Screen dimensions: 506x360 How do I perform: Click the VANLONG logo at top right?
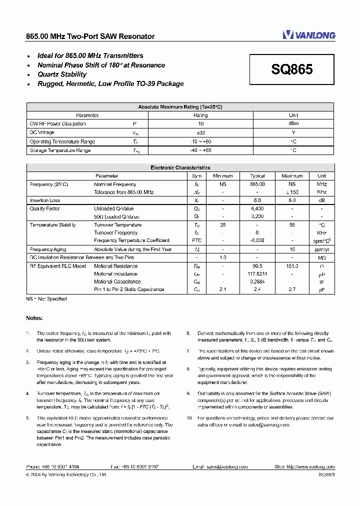coord(308,35)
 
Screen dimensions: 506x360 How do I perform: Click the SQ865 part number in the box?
coord(292,69)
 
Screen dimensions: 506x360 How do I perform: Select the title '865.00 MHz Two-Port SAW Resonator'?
coord(90,36)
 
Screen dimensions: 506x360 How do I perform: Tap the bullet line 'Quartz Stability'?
coord(62,74)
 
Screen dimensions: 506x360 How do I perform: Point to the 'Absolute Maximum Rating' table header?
coord(180,107)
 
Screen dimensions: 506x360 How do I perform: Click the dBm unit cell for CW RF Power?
coord(293,124)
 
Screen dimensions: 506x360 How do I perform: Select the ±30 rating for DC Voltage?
coord(200,133)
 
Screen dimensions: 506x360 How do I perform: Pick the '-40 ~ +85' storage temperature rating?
coord(200,150)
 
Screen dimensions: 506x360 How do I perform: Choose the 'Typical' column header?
coord(257,176)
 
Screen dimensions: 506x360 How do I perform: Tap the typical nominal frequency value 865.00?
coord(257,184)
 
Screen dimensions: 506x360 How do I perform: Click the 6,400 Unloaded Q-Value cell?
coord(257,208)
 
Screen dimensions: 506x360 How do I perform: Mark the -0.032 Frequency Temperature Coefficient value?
coord(257,240)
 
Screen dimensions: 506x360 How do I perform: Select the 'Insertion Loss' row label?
coord(45,200)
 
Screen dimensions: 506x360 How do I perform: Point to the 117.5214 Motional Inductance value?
coord(257,274)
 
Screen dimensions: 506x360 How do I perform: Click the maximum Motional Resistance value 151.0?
coord(292,266)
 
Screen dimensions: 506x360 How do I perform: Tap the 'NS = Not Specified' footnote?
coord(46,299)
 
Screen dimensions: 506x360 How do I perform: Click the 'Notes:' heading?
coord(34,318)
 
